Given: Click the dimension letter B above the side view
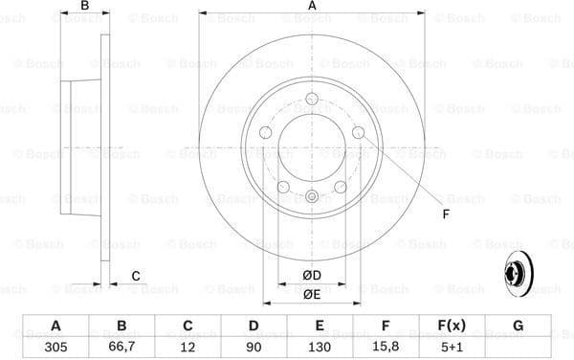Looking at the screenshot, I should click(85, 8).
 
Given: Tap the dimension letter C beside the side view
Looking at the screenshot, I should click(136, 276).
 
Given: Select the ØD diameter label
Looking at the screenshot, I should click(312, 277).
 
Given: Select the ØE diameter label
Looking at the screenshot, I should click(312, 294).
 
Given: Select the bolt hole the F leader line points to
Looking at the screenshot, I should click(358, 132).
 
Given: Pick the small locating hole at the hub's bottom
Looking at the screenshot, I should click(312, 198).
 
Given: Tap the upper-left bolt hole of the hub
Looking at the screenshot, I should click(266, 132).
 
